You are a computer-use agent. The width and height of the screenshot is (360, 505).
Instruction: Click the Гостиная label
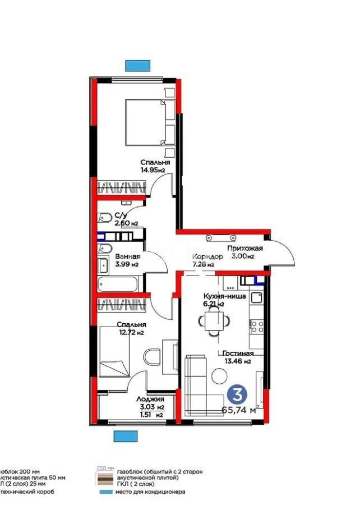[238, 353]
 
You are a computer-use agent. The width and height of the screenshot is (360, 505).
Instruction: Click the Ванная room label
[128, 257]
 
